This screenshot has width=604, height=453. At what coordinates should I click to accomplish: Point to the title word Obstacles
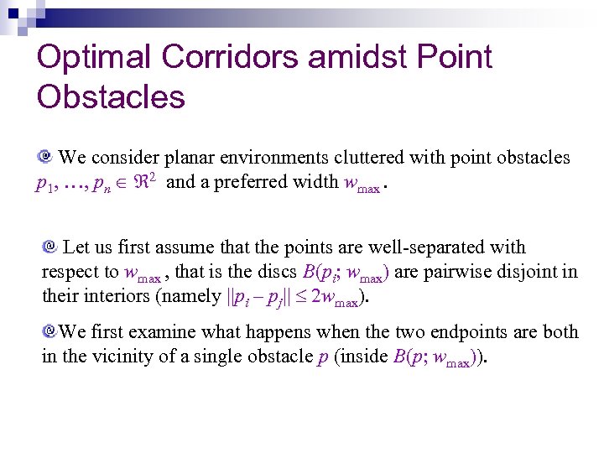click(x=111, y=97)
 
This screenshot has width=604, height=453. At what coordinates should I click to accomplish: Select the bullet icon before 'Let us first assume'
click(x=49, y=247)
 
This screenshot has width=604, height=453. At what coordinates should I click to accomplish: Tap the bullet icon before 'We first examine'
click(x=49, y=331)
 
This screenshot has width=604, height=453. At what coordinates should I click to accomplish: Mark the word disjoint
click(x=533, y=272)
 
